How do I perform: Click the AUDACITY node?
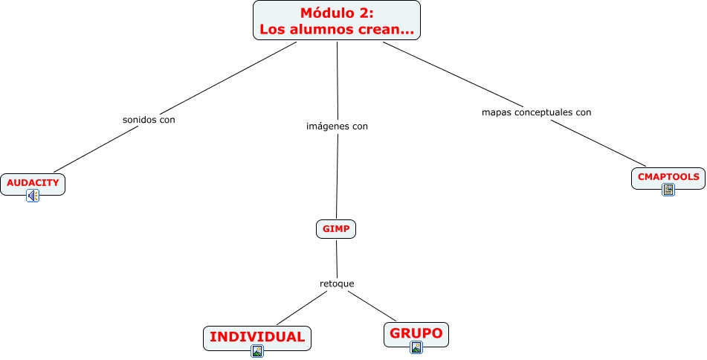33,182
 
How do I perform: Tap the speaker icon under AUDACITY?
33,196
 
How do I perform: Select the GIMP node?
336,229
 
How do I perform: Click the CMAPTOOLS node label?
668,177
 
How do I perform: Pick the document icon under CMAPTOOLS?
668,190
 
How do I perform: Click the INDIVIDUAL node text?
257,337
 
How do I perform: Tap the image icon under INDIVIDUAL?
257,351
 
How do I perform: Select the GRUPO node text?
416,333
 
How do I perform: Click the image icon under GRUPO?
416,347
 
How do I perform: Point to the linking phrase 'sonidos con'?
149,119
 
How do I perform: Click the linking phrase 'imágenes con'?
337,126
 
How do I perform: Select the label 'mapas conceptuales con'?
536,112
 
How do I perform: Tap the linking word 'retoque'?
337,283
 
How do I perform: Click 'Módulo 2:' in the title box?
337,13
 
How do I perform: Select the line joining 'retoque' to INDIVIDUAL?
301,308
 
